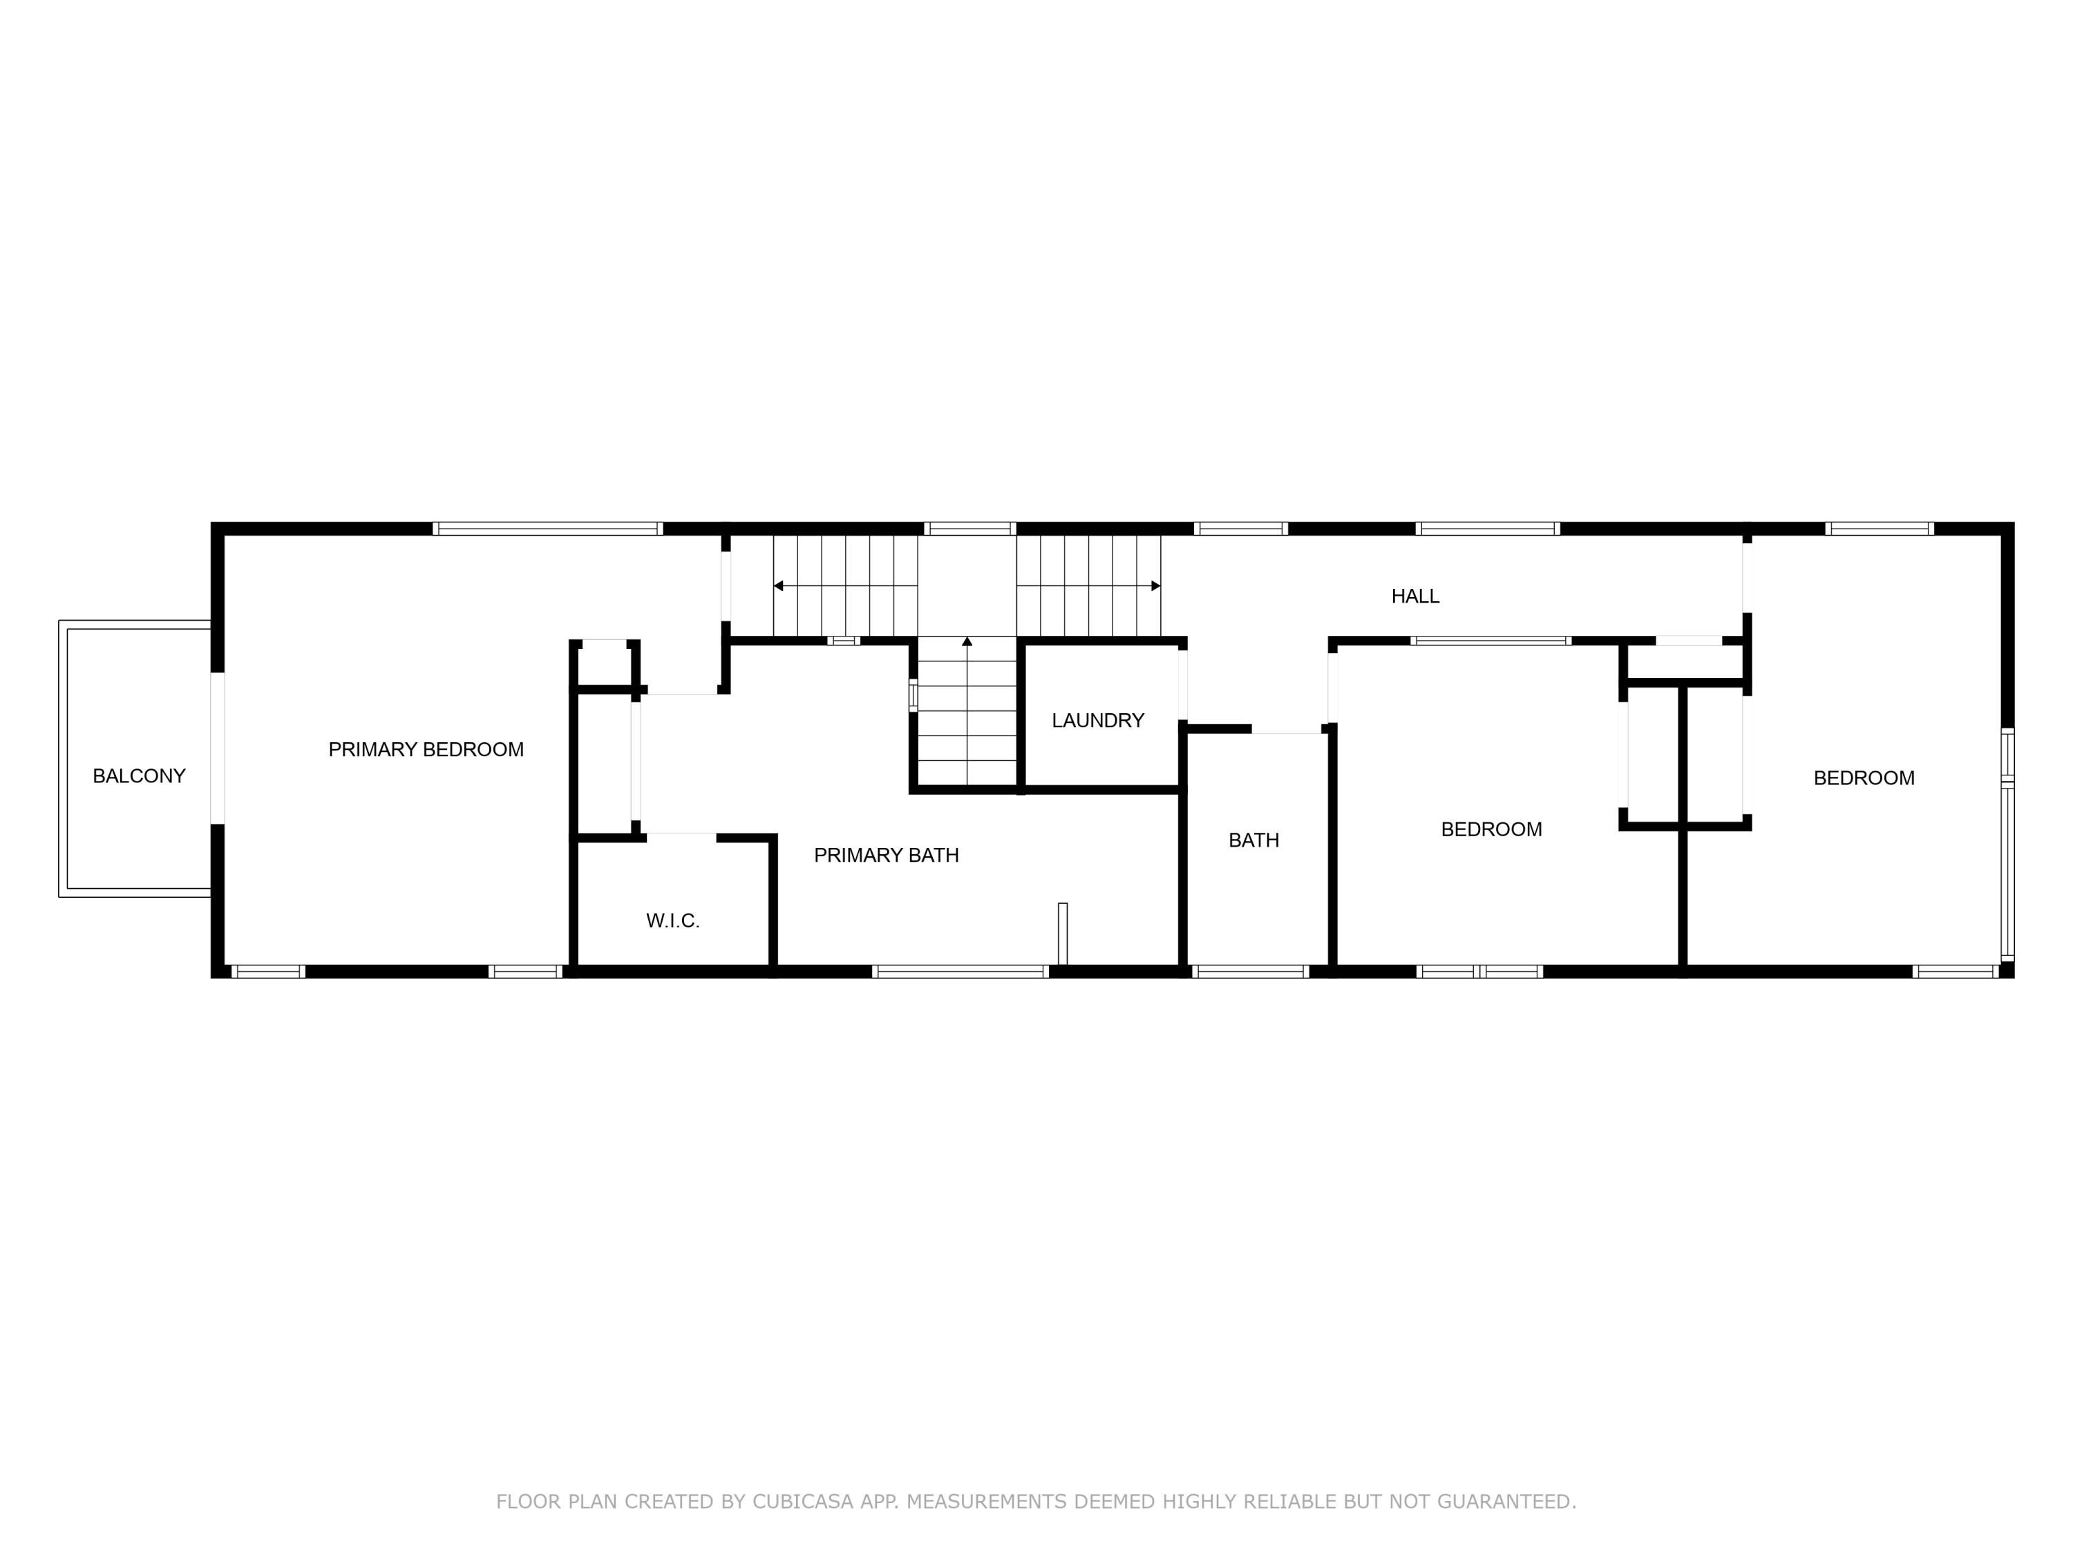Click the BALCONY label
pyautogui.click(x=139, y=776)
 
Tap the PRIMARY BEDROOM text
pyautogui.click(x=426, y=750)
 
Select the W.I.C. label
pyautogui.click(x=673, y=921)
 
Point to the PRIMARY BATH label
pyautogui.click(x=886, y=856)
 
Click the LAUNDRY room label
pyautogui.click(x=1097, y=721)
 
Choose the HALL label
pyautogui.click(x=1414, y=596)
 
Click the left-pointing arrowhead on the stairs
pyautogui.click(x=778, y=586)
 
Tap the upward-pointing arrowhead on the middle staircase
pyautogui.click(x=967, y=642)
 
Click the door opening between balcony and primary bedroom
pyautogui.click(x=218, y=748)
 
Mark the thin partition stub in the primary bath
pyautogui.click(x=1062, y=932)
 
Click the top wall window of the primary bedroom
pyautogui.click(x=547, y=529)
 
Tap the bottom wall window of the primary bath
pyautogui.click(x=960, y=972)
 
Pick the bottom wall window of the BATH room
pyautogui.click(x=1250, y=972)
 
